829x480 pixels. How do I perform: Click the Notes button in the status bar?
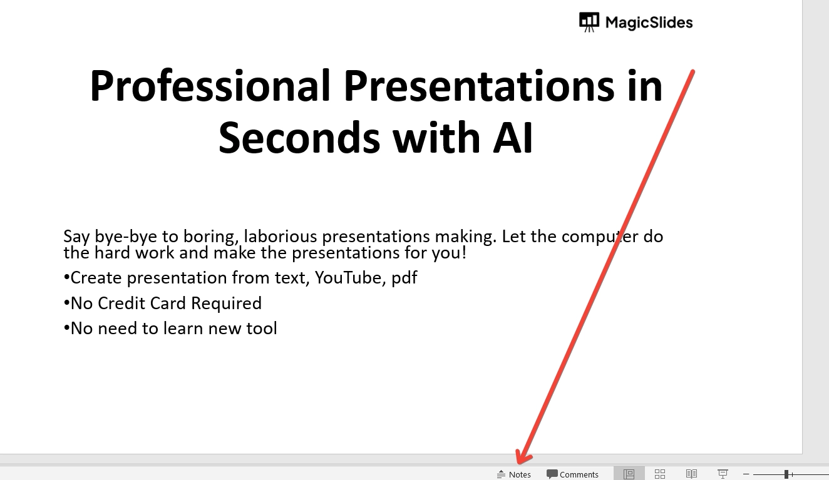[x=513, y=474]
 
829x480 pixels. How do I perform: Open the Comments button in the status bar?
[x=572, y=474]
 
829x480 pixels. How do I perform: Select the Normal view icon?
[x=629, y=474]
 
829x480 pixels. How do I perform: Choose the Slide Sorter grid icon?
[x=660, y=474]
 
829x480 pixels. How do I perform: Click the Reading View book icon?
[x=691, y=474]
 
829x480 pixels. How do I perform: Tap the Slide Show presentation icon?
[x=723, y=474]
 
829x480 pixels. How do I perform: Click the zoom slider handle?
[x=786, y=474]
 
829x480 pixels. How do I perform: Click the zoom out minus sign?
[x=746, y=474]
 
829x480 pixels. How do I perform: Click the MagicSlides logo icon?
[x=589, y=22]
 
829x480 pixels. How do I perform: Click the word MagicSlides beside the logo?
[x=649, y=23]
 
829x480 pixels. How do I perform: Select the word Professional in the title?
[x=210, y=85]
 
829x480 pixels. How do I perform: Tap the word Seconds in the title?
[x=299, y=138]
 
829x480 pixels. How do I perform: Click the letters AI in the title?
[x=513, y=138]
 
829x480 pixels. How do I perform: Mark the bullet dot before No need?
[x=66, y=328]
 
